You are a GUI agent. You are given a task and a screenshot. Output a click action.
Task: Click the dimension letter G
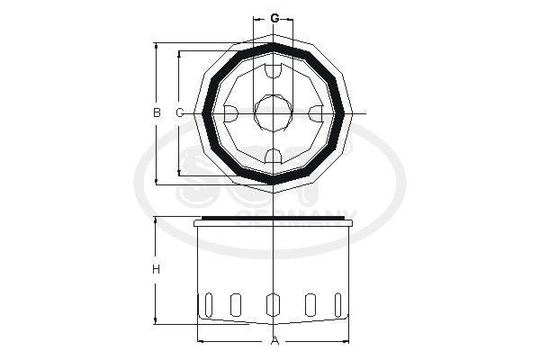tap(274, 18)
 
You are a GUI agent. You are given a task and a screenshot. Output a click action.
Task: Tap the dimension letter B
tap(157, 112)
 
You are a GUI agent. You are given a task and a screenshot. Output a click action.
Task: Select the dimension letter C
tap(179, 112)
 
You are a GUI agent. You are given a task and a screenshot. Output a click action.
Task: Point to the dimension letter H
tap(157, 270)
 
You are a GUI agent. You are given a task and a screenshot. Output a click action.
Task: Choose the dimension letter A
tap(275, 340)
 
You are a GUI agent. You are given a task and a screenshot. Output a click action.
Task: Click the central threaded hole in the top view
tap(273, 113)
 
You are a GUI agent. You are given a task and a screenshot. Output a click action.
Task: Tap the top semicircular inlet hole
tap(273, 70)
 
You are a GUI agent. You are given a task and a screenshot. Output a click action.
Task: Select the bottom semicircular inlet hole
tap(273, 157)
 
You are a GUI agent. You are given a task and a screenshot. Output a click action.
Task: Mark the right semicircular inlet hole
tap(317, 113)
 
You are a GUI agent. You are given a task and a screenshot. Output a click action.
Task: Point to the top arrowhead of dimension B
tap(157, 45)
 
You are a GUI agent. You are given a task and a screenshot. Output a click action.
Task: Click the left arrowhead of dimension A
tap(200, 340)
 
